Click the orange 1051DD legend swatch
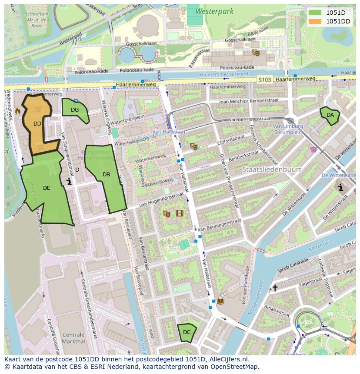(x=316, y=21)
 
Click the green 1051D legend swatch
(x=316, y=13)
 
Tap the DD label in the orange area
(x=37, y=124)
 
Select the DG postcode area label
(x=75, y=110)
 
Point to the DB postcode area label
(x=106, y=175)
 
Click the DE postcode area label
(x=47, y=188)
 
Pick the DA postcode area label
(x=330, y=115)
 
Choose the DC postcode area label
(x=187, y=332)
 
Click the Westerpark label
(x=214, y=11)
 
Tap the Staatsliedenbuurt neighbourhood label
(x=271, y=169)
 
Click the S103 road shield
(x=264, y=79)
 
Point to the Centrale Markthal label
(x=73, y=338)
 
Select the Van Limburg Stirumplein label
(x=287, y=129)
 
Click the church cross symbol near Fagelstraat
(x=275, y=288)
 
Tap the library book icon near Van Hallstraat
(x=221, y=301)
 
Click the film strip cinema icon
(x=180, y=213)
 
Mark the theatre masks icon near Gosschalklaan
(x=256, y=53)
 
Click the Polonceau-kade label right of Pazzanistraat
(x=237, y=68)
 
